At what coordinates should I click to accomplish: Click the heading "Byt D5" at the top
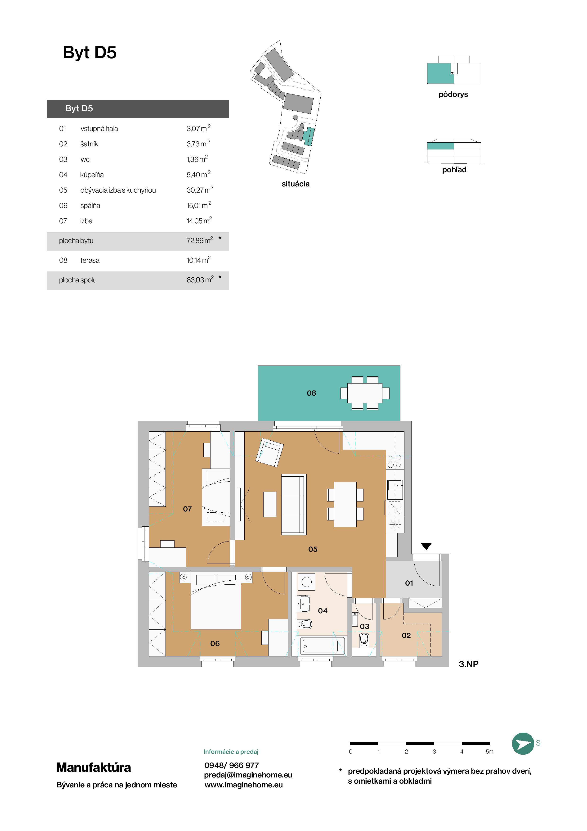pyautogui.click(x=90, y=53)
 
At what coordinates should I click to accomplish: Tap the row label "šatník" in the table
pyautogui.click(x=89, y=144)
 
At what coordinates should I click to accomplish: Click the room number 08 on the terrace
pyautogui.click(x=311, y=393)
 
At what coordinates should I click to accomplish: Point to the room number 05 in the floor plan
pyautogui.click(x=313, y=549)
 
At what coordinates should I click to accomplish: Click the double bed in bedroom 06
pyautogui.click(x=215, y=606)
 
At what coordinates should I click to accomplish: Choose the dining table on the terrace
pyautogui.click(x=365, y=393)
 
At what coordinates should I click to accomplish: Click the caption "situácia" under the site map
pyautogui.click(x=296, y=184)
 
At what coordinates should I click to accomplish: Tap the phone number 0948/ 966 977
pyautogui.click(x=232, y=765)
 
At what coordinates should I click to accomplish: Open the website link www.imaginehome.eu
pyautogui.click(x=244, y=785)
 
